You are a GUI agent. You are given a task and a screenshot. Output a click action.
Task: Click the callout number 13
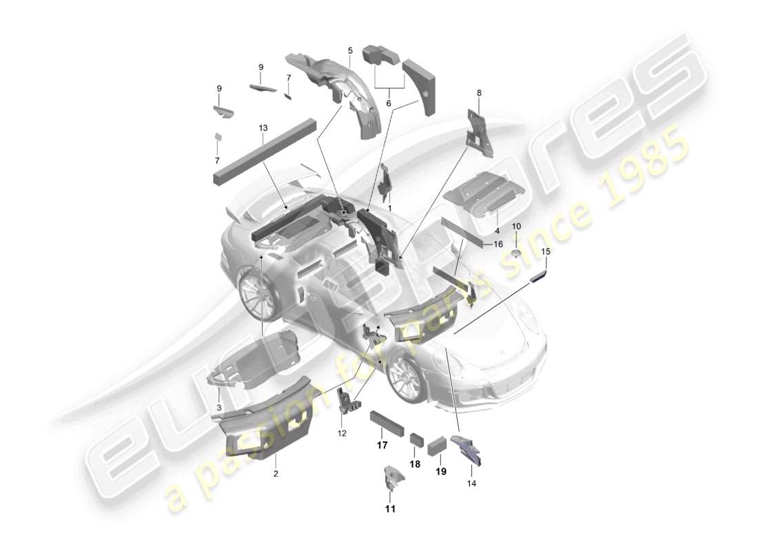(263, 128)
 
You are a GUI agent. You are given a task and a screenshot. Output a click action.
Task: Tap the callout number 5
(350, 50)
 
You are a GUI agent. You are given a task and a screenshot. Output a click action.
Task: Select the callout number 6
(388, 103)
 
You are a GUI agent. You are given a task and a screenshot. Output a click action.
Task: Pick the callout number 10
(517, 226)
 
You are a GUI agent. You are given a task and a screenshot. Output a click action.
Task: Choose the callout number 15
(546, 252)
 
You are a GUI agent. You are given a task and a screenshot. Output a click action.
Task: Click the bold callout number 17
(382, 446)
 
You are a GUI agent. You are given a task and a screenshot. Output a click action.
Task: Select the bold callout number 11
(391, 510)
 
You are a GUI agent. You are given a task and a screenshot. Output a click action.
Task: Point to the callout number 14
(471, 483)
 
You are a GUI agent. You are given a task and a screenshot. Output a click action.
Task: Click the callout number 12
(342, 433)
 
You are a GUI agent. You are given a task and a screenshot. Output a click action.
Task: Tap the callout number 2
(276, 474)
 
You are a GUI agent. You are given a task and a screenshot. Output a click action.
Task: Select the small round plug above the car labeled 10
(516, 254)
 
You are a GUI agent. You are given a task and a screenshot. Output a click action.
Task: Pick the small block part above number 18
(416, 439)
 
